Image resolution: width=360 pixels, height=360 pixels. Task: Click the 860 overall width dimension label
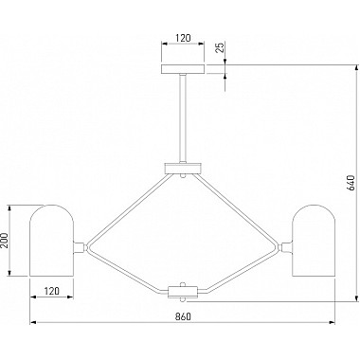click(x=183, y=316)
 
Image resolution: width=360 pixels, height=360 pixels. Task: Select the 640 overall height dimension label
click(x=351, y=183)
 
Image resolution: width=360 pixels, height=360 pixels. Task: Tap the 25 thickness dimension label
click(x=220, y=46)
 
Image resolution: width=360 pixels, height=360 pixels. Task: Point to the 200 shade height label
click(x=4, y=241)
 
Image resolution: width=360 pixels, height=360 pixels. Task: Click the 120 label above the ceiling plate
click(x=183, y=38)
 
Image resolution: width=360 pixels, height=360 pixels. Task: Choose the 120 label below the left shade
click(x=51, y=291)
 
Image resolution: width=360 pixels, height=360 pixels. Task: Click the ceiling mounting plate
click(x=183, y=69)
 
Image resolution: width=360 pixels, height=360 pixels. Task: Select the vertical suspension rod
click(x=183, y=117)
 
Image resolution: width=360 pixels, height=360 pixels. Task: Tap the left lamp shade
click(x=52, y=241)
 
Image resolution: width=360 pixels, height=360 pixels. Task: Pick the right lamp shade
click(x=313, y=241)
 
